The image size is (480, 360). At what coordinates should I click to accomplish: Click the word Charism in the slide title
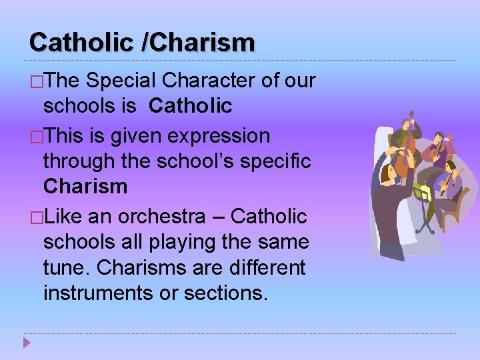[203, 43]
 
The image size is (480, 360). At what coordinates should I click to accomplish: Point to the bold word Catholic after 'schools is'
[191, 105]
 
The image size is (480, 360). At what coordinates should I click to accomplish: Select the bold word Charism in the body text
[85, 186]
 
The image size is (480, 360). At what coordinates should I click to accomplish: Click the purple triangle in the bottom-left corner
[27, 344]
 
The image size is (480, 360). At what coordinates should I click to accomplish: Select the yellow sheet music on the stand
[421, 193]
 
